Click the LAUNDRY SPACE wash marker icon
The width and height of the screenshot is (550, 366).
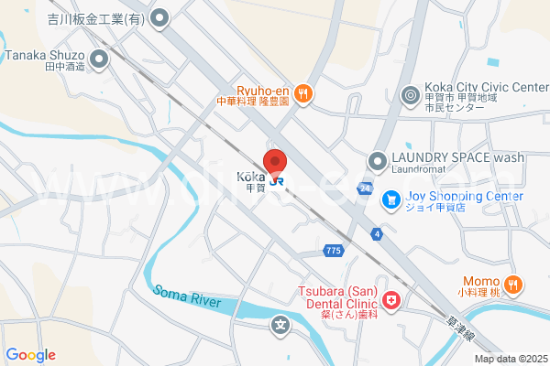point(376,160)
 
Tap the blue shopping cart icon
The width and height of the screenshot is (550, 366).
point(391,198)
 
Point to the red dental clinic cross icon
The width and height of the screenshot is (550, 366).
point(391,299)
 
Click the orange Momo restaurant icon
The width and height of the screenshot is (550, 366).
point(513,284)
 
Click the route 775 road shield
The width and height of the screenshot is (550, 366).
point(334,250)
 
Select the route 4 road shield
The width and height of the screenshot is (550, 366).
point(376,233)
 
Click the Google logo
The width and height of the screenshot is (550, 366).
point(30,355)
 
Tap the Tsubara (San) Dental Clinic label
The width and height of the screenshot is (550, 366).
point(338,298)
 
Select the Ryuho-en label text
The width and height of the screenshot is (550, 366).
point(265,90)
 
